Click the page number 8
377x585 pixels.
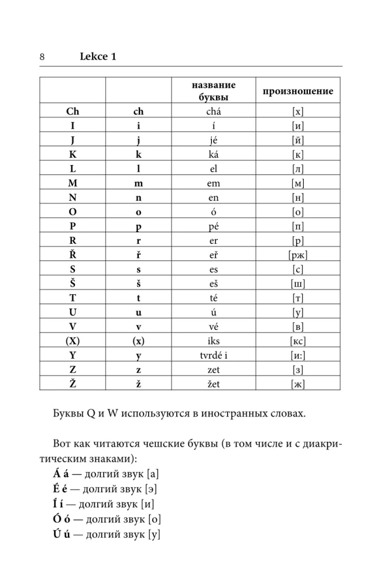(x=42, y=57)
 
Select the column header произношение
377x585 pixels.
(x=298, y=91)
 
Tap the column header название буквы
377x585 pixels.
(x=213, y=91)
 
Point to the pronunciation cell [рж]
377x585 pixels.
(x=298, y=255)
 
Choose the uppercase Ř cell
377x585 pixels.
(x=73, y=255)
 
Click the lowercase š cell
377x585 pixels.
(x=139, y=284)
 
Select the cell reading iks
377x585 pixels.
(x=213, y=341)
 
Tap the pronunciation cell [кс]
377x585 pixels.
(x=298, y=341)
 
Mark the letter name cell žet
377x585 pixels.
(x=213, y=384)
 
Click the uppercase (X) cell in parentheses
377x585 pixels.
(x=73, y=341)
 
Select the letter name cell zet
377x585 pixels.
(x=213, y=370)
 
